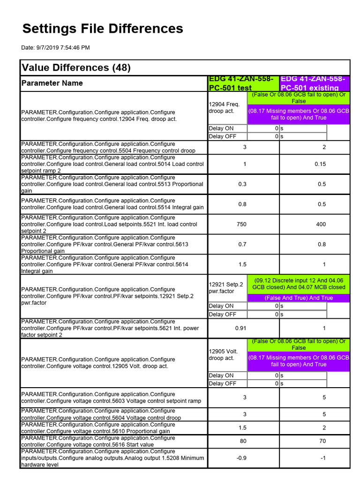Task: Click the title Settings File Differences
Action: (x=103, y=29)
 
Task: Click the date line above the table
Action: (x=55, y=47)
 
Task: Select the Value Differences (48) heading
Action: (x=76, y=68)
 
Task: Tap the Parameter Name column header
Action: (x=52, y=83)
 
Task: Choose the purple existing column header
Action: (x=315, y=83)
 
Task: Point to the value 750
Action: (x=241, y=225)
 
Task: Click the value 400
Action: (x=321, y=225)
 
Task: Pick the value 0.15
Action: (x=321, y=164)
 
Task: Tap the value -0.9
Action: (x=241, y=458)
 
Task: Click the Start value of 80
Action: (x=242, y=441)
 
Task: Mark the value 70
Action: (x=321, y=441)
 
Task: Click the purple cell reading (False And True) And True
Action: (x=299, y=298)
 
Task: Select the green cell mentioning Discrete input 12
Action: (x=299, y=284)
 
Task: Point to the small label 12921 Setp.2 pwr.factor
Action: (x=226, y=287)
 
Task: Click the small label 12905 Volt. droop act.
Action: (x=225, y=355)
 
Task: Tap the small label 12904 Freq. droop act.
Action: (x=225, y=107)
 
